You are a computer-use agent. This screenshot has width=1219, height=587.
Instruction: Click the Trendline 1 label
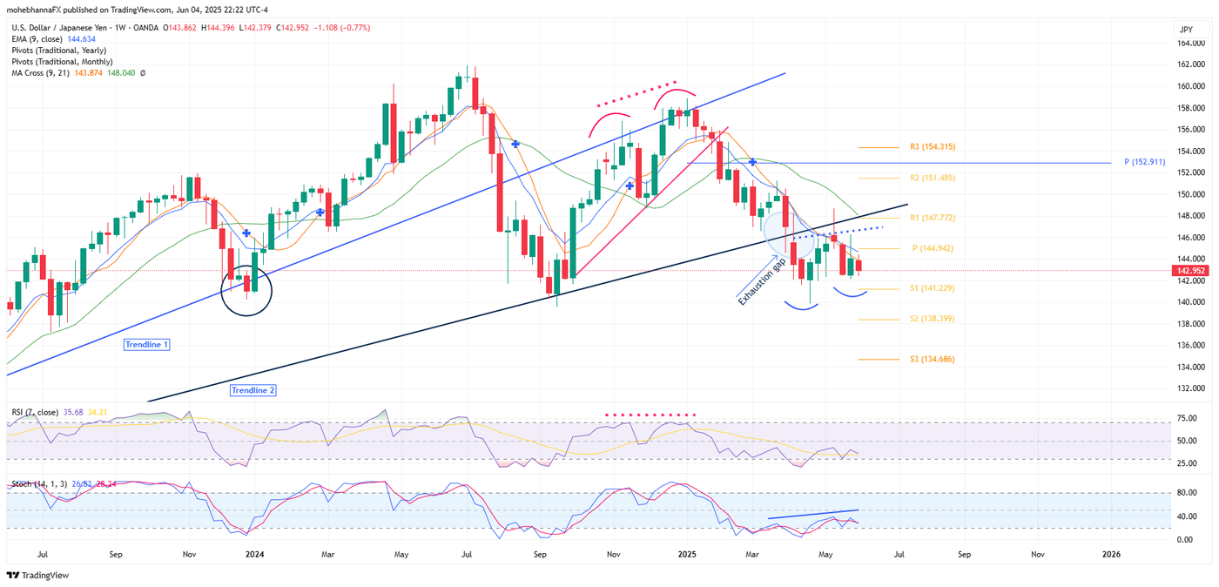[146, 345]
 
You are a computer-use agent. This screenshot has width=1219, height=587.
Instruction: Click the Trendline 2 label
[253, 390]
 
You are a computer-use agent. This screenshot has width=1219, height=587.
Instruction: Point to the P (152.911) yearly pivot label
[1152, 163]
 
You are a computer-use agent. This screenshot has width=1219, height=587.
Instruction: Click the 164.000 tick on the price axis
[1191, 44]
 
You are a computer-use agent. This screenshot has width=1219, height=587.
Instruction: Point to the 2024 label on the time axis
[254, 553]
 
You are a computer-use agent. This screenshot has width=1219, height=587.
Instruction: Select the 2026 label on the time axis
[1111, 553]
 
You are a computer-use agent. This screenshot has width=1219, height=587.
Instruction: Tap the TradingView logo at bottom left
[37, 575]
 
